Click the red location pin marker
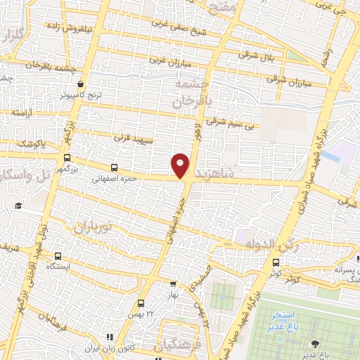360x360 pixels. [180, 165]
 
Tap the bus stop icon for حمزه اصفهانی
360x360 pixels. [115, 168]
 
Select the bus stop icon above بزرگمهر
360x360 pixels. [67, 158]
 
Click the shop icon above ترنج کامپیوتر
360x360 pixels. [82, 82]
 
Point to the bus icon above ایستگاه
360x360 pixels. [58, 257]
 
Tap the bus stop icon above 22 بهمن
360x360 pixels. [141, 303]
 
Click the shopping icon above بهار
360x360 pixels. [173, 285]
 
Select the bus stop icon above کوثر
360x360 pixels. [275, 262]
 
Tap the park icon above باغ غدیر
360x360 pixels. [315, 343]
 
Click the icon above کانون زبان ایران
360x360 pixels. [109, 338]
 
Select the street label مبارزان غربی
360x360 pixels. [167, 60]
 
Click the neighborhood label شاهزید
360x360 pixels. [217, 172]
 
